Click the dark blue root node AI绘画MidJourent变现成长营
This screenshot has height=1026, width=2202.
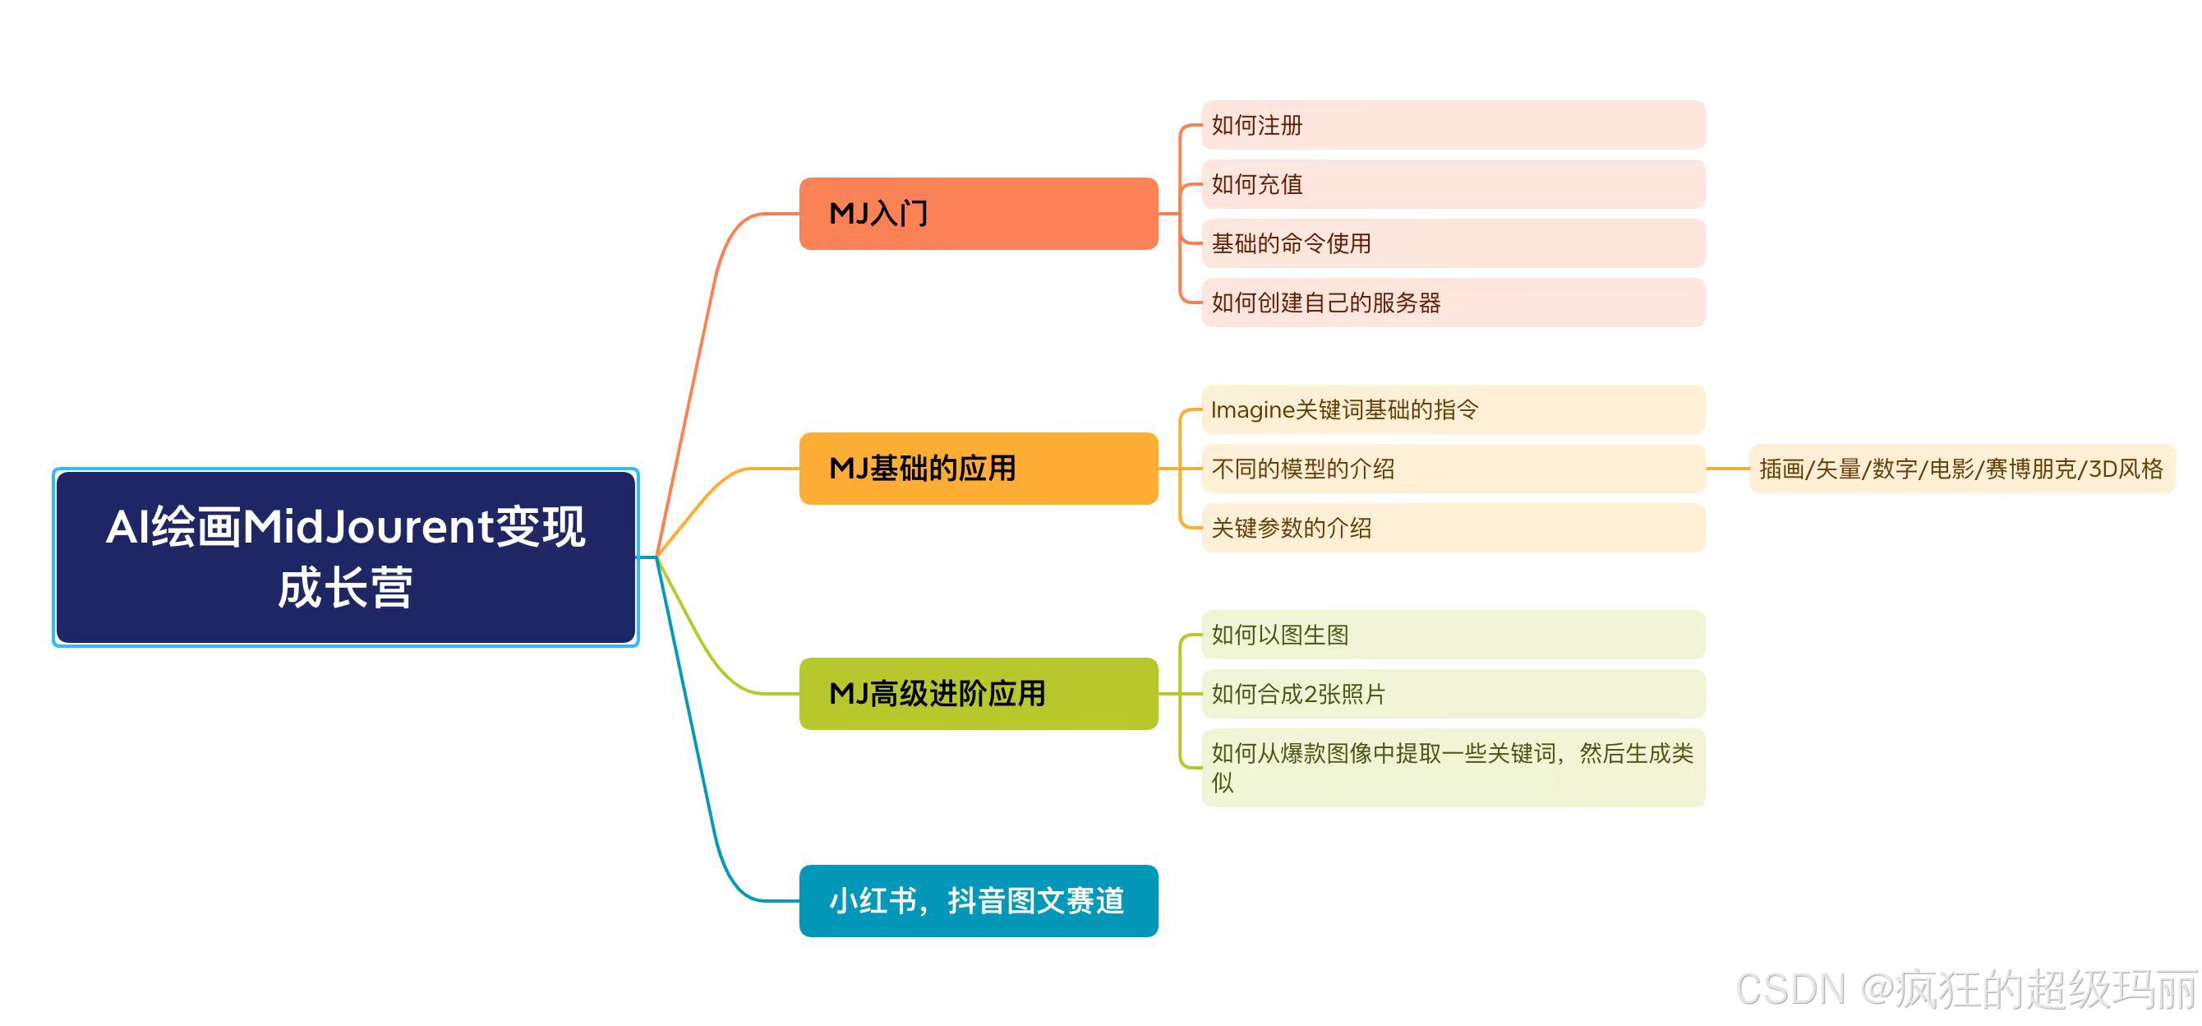coord(345,557)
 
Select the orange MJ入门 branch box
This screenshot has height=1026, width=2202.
coord(978,214)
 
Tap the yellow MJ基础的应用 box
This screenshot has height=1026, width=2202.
coord(978,469)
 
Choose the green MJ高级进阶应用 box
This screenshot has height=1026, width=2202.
coord(978,693)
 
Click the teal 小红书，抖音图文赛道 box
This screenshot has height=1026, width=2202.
coord(978,901)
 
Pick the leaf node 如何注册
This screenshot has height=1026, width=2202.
coord(1453,125)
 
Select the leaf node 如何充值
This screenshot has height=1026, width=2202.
coord(1453,184)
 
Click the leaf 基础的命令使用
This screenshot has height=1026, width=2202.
coord(1453,243)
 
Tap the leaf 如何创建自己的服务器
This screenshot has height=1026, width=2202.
coord(1453,303)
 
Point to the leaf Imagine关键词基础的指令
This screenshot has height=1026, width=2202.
coord(1453,409)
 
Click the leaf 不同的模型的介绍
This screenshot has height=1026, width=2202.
coord(1453,469)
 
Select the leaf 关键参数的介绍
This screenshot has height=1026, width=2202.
coord(1453,528)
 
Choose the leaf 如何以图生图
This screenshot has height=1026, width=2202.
coord(1453,635)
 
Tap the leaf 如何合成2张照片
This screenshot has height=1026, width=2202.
coord(1453,693)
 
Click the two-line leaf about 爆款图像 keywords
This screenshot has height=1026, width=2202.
coord(1453,767)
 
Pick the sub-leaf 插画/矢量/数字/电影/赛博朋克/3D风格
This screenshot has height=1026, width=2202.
coord(1961,469)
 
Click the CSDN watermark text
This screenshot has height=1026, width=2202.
coord(1966,989)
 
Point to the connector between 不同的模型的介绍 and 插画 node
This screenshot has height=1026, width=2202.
coord(1727,469)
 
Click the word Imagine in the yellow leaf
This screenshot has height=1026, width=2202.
coord(1252,410)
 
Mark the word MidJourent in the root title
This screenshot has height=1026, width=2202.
coord(368,527)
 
